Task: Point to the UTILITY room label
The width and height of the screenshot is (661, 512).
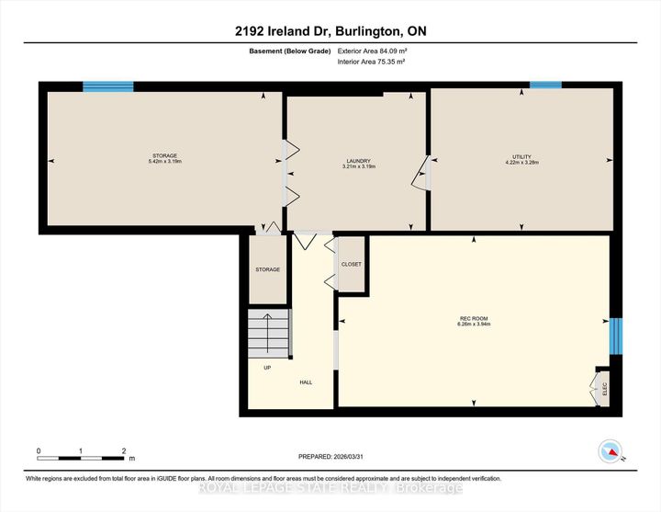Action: (x=522, y=157)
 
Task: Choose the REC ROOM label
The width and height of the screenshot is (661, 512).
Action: (x=474, y=320)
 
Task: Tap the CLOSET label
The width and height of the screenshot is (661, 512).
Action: (x=352, y=265)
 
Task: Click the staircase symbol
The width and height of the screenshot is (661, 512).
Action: (x=268, y=333)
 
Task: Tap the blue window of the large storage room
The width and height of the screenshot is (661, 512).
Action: (x=108, y=86)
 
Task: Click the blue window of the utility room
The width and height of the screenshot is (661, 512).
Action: (x=545, y=85)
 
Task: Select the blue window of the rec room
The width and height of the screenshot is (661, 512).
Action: (x=616, y=336)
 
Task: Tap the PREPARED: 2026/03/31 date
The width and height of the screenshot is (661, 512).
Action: (x=336, y=457)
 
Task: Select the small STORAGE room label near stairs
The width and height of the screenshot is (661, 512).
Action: (x=267, y=269)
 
